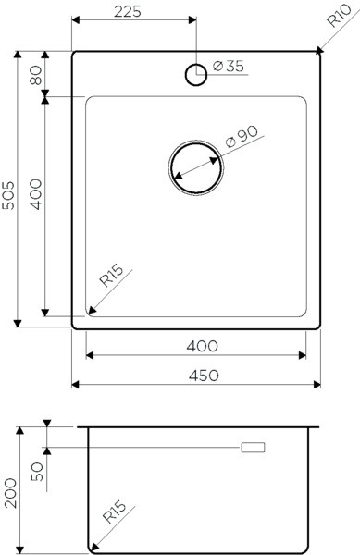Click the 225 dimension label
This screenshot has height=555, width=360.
128,11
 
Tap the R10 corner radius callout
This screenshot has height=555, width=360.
339,15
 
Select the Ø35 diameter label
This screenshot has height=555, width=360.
229,66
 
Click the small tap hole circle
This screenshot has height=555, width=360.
196,75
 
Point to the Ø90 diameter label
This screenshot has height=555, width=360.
242,136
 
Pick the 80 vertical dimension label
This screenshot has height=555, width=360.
36,75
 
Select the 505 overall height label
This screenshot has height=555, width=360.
8,195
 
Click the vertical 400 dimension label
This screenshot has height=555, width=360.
35,194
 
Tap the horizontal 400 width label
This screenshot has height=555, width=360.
202,346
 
